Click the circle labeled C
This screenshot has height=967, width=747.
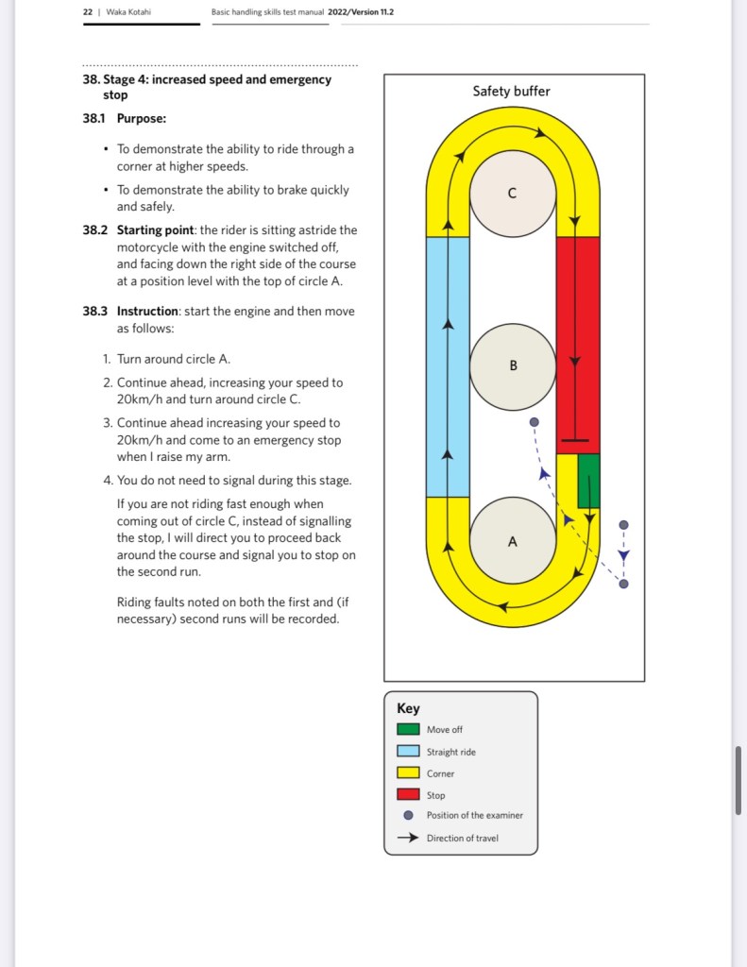(513, 194)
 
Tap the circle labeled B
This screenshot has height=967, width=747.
(513, 366)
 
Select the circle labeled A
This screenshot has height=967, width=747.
(513, 541)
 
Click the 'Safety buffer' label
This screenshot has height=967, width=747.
(511, 92)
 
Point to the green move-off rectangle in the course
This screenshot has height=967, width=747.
(588, 481)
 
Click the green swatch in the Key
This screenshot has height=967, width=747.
(408, 729)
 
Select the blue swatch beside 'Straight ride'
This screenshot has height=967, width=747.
(408, 752)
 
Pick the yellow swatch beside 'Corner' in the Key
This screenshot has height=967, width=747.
(408, 773)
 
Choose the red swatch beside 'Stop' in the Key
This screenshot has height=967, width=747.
(408, 795)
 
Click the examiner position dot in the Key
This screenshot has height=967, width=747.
(408, 816)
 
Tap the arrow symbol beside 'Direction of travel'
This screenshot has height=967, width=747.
(408, 838)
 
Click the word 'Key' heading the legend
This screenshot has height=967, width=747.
(408, 708)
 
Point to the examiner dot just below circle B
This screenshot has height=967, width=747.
(535, 422)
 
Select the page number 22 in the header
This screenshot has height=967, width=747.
(87, 12)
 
